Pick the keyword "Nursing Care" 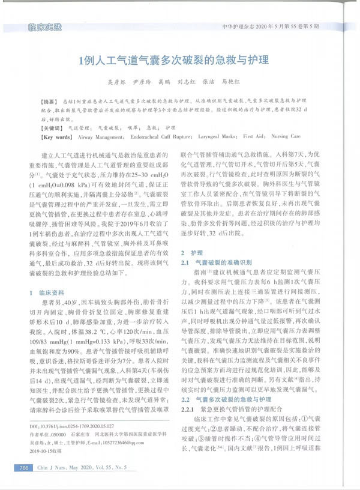tap(287, 138)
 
